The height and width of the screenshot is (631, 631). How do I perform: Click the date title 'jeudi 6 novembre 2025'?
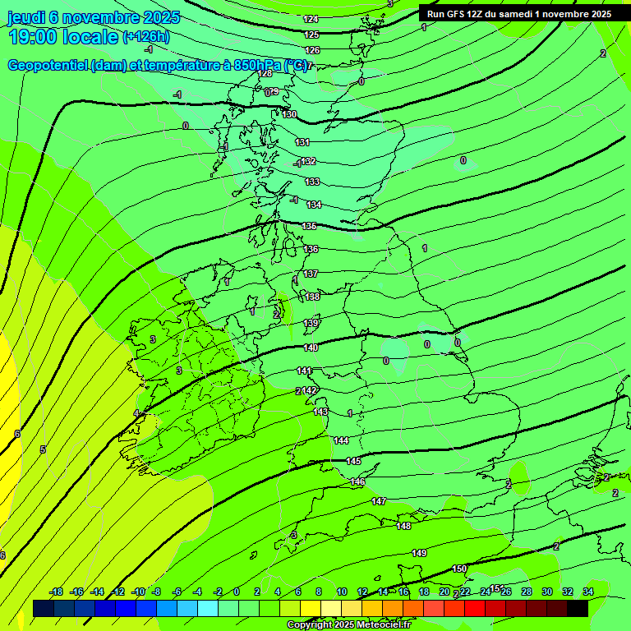pos(94,17)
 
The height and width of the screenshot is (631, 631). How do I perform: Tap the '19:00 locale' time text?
pos(62,36)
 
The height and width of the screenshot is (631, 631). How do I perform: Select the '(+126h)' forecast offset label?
pos(146,36)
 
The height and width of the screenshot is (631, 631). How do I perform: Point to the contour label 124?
pos(311,19)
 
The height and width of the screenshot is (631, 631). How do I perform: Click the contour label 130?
pos(289,114)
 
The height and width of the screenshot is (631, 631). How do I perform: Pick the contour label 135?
pos(309,226)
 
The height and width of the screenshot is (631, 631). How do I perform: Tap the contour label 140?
pos(311,348)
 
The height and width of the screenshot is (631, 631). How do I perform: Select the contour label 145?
pos(353,461)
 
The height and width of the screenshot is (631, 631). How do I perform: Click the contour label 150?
pos(459,569)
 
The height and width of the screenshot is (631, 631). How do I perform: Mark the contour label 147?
pos(378,501)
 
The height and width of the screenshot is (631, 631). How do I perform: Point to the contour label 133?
pos(312,182)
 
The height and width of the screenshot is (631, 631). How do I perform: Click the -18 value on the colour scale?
pos(56,592)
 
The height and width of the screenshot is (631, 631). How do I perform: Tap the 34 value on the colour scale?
pos(587,592)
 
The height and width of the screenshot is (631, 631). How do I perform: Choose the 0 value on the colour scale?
pos(237,592)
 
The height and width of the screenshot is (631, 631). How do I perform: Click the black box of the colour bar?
pos(577,608)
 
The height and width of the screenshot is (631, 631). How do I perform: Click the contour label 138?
pos(312,297)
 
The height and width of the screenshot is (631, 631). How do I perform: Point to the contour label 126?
pos(312,50)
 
